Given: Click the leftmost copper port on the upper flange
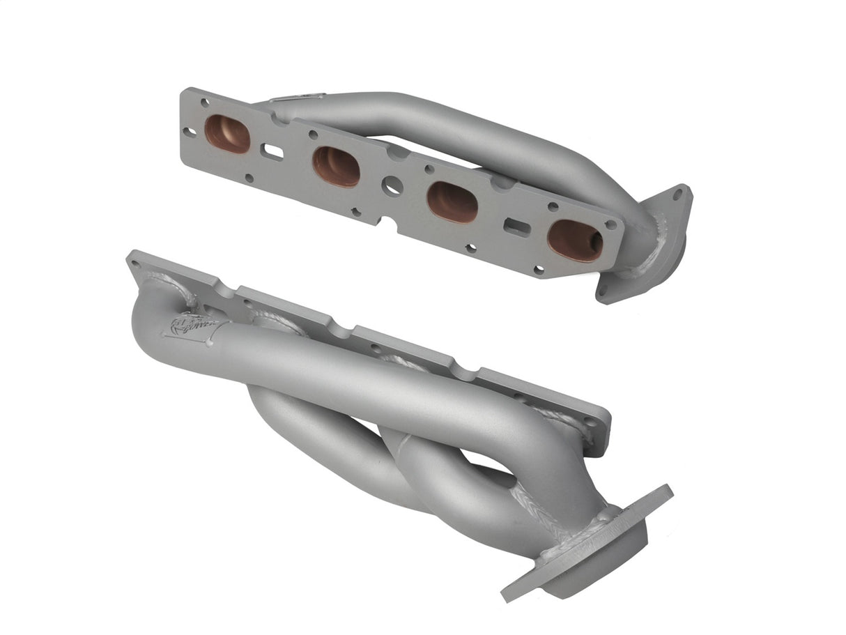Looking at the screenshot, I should click(x=227, y=133).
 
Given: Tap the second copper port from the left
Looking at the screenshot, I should click(x=336, y=166).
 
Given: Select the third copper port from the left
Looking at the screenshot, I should click(x=452, y=201).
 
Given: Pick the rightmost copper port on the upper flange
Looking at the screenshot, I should click(x=575, y=240).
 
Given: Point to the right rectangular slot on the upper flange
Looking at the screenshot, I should click(x=517, y=227).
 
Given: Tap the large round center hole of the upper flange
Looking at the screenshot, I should click(x=392, y=185).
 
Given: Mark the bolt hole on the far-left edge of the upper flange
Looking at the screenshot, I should click(x=189, y=131).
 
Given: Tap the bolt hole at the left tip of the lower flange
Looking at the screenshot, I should click(x=137, y=262).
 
